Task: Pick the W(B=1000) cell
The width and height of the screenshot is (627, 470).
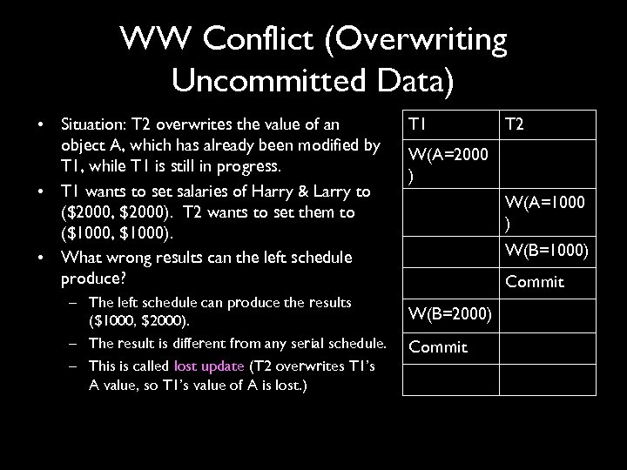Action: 545,252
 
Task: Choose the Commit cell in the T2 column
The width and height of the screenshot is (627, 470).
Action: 535,282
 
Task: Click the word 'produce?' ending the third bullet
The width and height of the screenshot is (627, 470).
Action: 91,279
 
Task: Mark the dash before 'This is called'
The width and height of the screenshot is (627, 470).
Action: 76,366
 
